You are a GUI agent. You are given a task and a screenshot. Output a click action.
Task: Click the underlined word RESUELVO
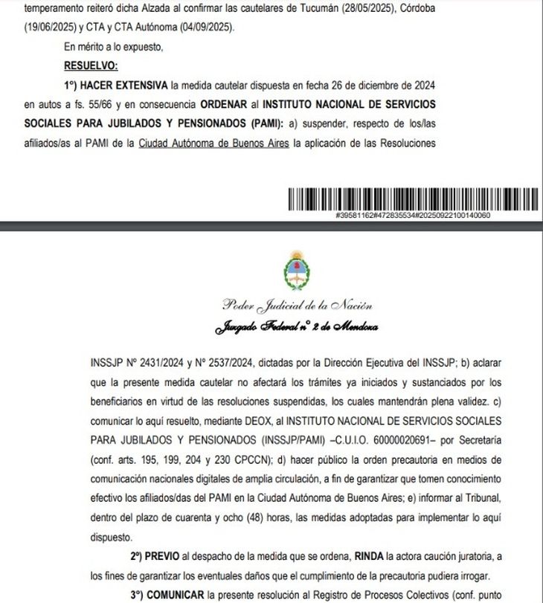click(86, 65)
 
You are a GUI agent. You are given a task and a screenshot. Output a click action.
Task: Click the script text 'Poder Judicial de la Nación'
click(297, 306)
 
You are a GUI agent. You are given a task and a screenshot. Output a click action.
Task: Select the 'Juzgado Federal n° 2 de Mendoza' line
click(296, 326)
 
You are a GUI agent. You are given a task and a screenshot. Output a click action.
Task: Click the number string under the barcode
click(413, 215)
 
